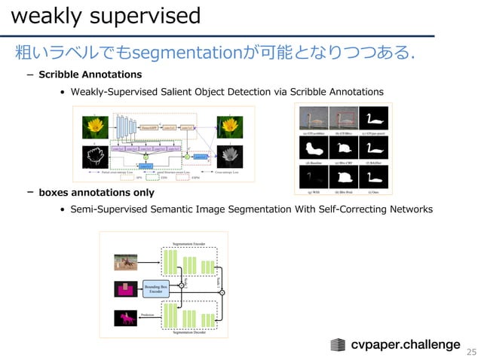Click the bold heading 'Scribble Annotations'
coord(90,75)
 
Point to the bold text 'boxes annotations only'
coord(97,193)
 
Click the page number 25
coord(472,352)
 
